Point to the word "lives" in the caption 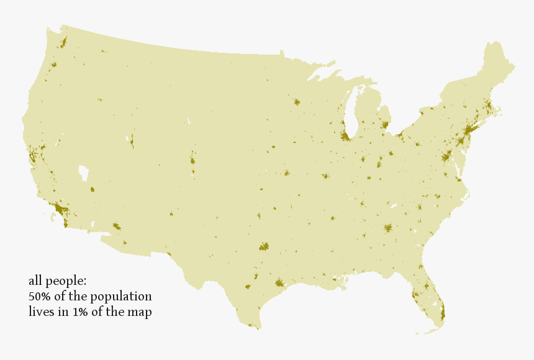41,312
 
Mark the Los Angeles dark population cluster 60,209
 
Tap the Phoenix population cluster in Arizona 116,227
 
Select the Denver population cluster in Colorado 192,161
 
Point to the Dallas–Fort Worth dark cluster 264,246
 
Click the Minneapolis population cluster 296,102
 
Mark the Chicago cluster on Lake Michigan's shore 345,135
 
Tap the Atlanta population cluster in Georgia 388,228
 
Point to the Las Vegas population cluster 93,190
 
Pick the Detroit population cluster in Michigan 385,125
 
